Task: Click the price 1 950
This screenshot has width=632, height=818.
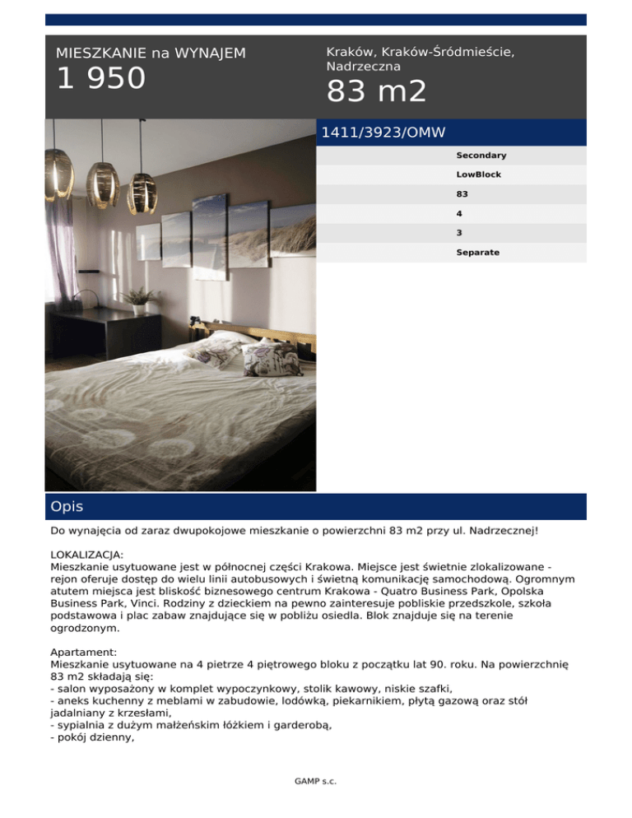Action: coord(100,80)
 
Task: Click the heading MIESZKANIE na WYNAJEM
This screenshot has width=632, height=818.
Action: coord(151,53)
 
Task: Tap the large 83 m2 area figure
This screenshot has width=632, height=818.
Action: coord(376,92)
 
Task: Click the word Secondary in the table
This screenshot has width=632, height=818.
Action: coord(481,156)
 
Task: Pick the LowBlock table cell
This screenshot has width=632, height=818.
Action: coord(478,175)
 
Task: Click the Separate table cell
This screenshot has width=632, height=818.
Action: coord(477,253)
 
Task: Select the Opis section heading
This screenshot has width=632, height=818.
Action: coord(67,507)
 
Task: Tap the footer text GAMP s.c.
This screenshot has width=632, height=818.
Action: coord(315,780)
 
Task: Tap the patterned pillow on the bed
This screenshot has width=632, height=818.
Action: coord(284,357)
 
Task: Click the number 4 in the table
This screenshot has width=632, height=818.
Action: coord(459,214)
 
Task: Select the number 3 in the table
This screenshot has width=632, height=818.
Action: coord(459,233)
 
